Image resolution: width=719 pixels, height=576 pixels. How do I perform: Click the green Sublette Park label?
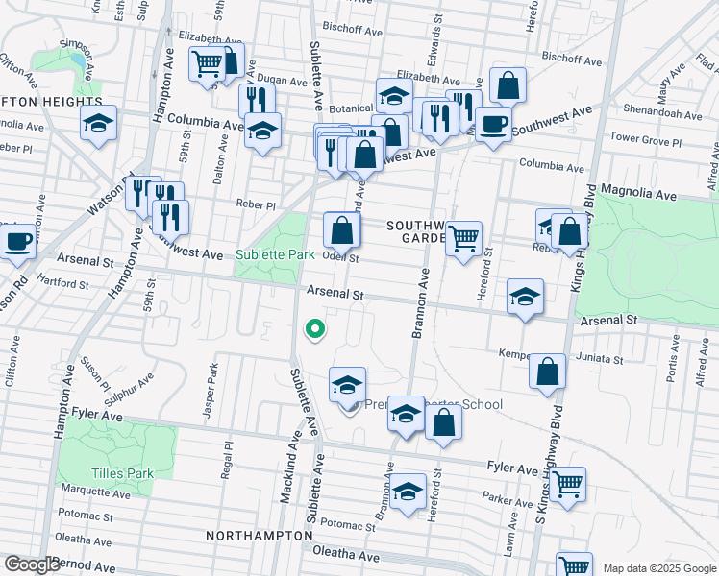click(x=275, y=255)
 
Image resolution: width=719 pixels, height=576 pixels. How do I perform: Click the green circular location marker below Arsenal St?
click(x=313, y=331)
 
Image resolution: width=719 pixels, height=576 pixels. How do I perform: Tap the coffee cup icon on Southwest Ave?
click(x=493, y=124)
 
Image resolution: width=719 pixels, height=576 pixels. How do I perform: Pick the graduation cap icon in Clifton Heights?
click(x=98, y=123)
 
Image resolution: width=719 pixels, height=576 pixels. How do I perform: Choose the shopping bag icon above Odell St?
click(x=342, y=229)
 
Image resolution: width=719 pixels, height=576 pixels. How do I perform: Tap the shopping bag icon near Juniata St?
click(x=547, y=372)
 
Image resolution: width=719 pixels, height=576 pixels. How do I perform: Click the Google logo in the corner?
click(x=32, y=564)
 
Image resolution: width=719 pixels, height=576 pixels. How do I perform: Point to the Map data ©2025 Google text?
click(x=659, y=568)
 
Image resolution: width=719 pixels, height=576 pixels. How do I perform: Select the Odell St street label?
click(x=340, y=257)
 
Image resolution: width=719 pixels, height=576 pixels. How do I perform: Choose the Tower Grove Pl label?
click(x=645, y=141)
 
